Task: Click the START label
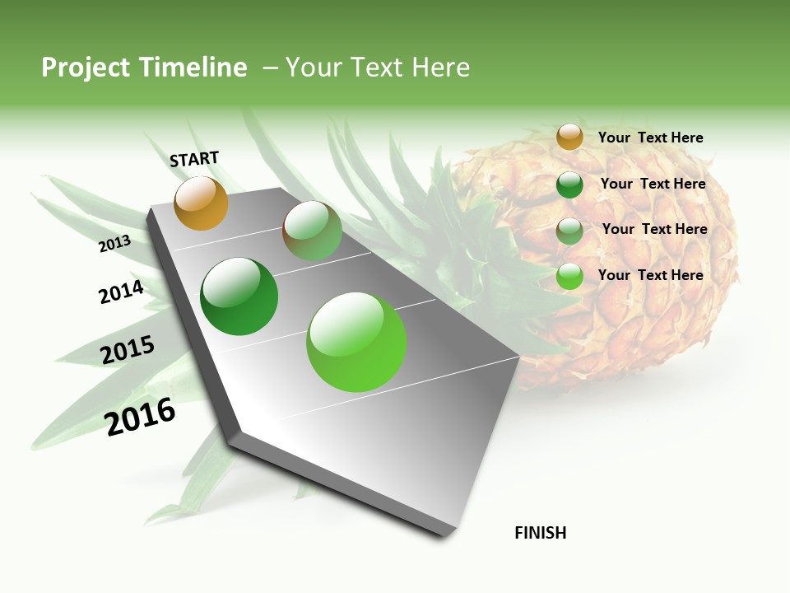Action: [x=194, y=159]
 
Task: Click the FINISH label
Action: [x=540, y=533]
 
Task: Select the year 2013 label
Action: [x=114, y=244]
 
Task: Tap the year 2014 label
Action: [x=121, y=292]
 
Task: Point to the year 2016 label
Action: [x=140, y=417]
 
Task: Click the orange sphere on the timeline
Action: [x=201, y=203]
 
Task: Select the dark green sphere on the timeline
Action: [x=239, y=296]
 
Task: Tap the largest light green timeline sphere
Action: [x=356, y=342]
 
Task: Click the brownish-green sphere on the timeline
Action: [x=312, y=231]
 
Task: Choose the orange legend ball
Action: [x=569, y=138]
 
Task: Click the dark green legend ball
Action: [x=569, y=184]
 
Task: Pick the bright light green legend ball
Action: [x=569, y=276]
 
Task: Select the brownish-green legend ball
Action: [x=569, y=231]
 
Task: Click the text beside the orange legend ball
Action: [x=650, y=138]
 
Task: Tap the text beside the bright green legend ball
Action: [x=650, y=275]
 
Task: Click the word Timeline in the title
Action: [x=194, y=68]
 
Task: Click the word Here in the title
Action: [x=440, y=68]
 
